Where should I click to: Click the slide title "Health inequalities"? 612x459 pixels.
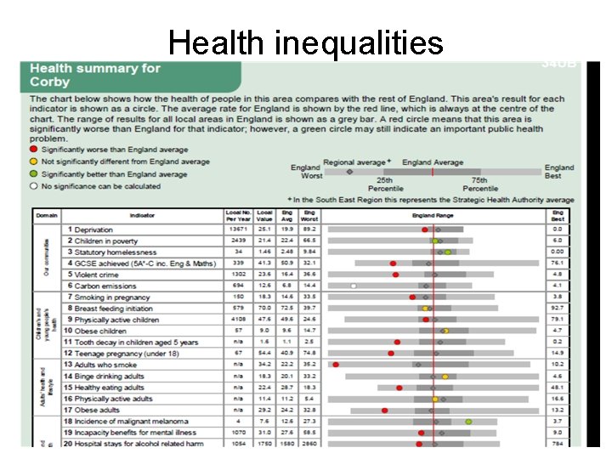[x=305, y=42]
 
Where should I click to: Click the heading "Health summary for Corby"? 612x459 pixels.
[x=94, y=75]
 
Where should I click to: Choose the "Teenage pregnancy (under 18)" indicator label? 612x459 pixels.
[x=126, y=353]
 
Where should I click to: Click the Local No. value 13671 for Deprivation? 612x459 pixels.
[x=237, y=229]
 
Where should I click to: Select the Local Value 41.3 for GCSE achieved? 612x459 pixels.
[x=264, y=263]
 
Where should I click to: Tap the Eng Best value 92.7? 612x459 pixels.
[x=558, y=308]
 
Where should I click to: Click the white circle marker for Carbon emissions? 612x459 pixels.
[x=354, y=286]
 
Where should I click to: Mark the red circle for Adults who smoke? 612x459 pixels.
[x=336, y=365]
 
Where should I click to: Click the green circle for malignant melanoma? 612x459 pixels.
[x=468, y=421]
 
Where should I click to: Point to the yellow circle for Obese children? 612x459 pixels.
[x=445, y=331]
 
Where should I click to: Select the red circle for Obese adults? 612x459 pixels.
[x=384, y=410]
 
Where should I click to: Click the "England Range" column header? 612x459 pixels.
[x=433, y=216]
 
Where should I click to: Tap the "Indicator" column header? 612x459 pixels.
[x=142, y=216]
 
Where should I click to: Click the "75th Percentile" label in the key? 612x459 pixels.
[x=479, y=184]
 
